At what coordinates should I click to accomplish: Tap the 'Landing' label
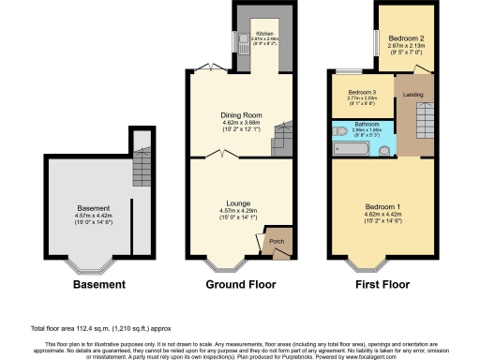(x=412, y=95)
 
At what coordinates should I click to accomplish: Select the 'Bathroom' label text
(x=366, y=124)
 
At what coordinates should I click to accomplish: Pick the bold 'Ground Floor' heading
(x=233, y=282)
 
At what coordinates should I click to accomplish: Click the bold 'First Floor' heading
(x=382, y=282)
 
